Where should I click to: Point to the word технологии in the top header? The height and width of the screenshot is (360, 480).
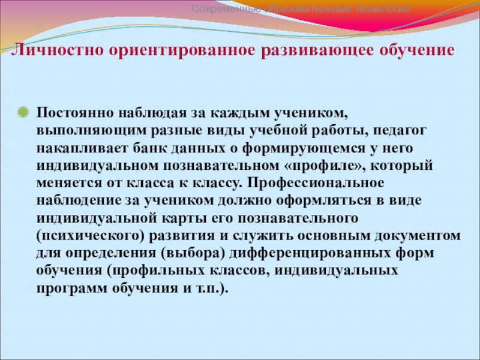(382, 9)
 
